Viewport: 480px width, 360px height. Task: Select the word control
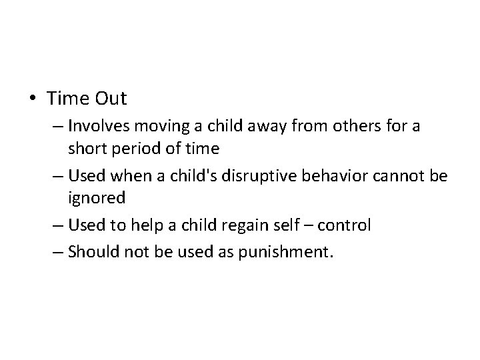[x=344, y=225]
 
